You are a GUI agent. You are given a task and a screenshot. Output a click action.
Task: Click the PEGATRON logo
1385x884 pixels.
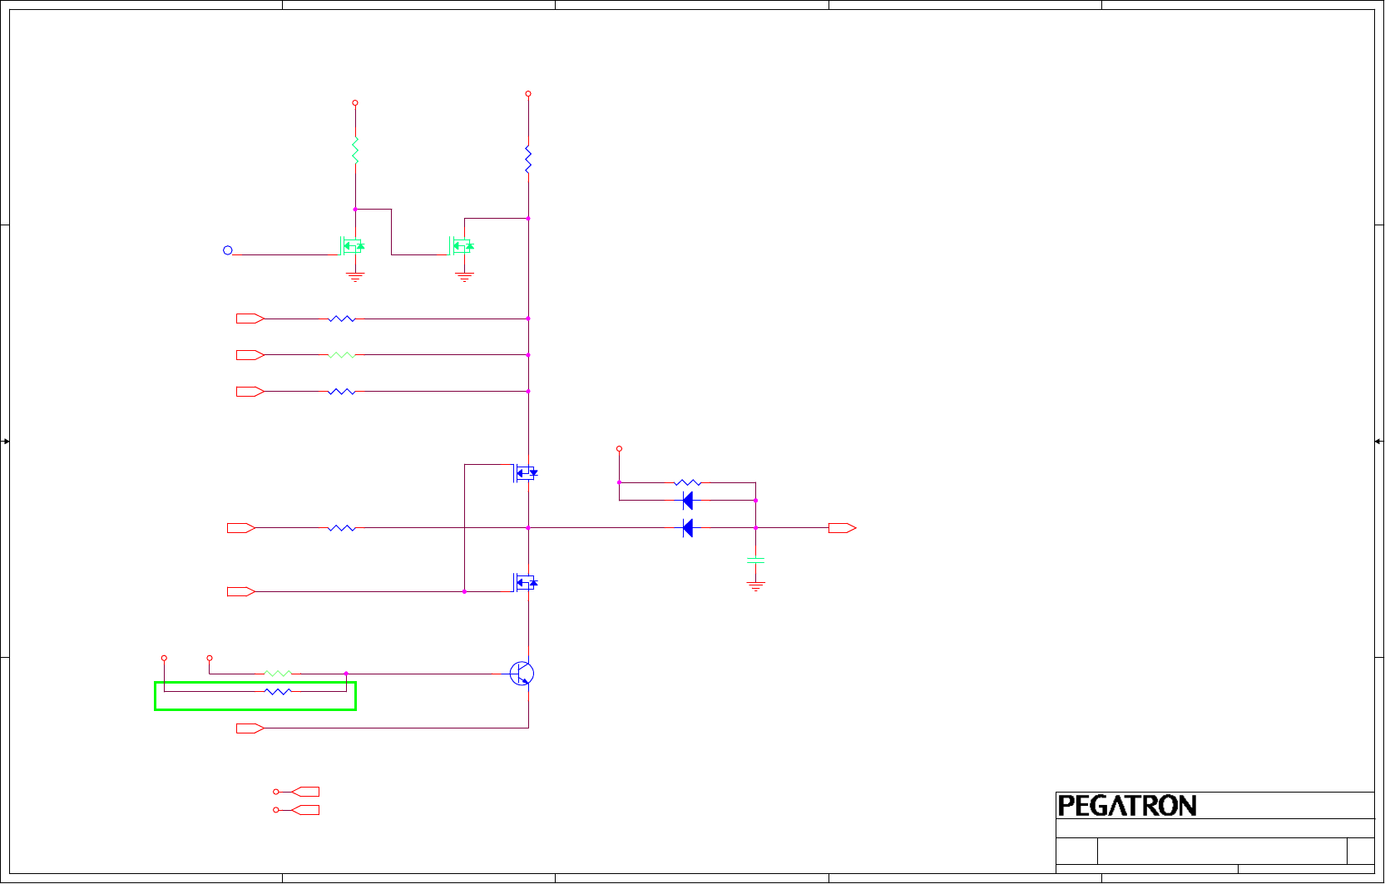coord(1126,806)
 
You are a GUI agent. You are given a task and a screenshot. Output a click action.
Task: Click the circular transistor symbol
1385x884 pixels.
coord(522,674)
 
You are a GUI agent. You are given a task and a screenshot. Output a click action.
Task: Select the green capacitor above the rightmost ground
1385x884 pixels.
coord(755,561)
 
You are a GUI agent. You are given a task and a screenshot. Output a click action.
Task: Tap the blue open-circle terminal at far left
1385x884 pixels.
coord(228,250)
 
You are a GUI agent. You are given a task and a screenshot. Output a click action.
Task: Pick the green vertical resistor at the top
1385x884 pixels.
coord(355,151)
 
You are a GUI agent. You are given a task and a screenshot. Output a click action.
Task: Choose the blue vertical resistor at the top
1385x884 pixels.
coord(528,159)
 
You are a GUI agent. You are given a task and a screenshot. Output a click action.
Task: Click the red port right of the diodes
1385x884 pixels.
coord(842,528)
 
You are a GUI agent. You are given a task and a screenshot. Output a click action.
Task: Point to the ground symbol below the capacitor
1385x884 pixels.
coord(755,586)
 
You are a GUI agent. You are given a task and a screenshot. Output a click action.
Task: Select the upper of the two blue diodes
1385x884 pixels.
coord(687,501)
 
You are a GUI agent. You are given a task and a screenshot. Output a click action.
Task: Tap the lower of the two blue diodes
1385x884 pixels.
coord(687,528)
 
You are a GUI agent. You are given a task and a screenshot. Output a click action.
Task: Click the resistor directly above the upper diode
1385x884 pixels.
coord(687,482)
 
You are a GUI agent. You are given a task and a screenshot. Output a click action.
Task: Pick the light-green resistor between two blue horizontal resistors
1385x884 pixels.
coord(342,355)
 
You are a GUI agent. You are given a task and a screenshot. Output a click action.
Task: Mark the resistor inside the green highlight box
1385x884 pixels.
coord(278,691)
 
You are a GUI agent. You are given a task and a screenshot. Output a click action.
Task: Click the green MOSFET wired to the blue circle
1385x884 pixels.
coord(353,246)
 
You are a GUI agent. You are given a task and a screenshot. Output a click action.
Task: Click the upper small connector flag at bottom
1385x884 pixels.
coord(304,792)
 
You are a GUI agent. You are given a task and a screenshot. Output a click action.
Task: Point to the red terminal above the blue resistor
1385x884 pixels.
coord(528,94)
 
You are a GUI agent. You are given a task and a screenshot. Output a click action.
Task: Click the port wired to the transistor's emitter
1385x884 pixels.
coord(250,728)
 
